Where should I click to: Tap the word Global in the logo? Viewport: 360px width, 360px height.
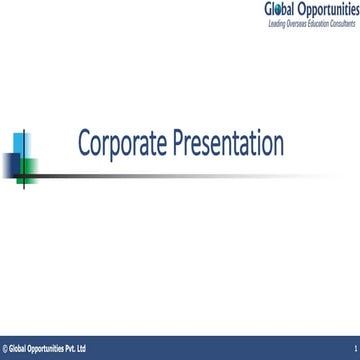point(283,9)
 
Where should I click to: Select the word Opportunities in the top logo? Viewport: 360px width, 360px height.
point(331,9)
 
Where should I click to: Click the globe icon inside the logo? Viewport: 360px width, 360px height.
point(279,9)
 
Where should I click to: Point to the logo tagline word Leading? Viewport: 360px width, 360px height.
point(276,23)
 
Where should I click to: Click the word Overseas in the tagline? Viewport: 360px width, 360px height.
point(294,23)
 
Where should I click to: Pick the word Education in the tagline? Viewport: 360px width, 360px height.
point(314,23)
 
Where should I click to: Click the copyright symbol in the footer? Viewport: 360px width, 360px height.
point(4,349)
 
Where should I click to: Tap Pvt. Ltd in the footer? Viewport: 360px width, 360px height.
point(75,349)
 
